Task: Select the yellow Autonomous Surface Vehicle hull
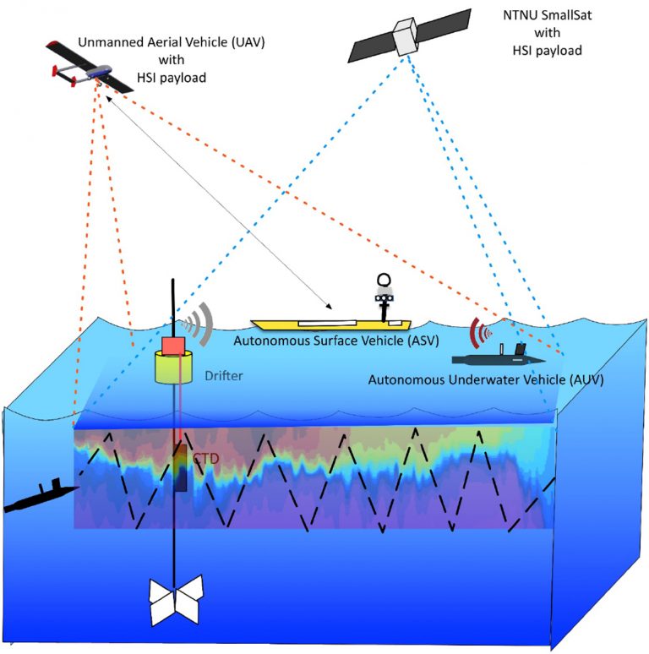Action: point(330,324)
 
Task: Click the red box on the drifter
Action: point(173,346)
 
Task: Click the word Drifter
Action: point(222,375)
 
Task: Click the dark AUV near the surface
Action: point(505,355)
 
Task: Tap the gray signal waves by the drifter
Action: point(198,322)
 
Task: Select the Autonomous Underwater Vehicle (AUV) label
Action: point(486,379)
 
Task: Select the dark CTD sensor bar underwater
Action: point(180,467)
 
